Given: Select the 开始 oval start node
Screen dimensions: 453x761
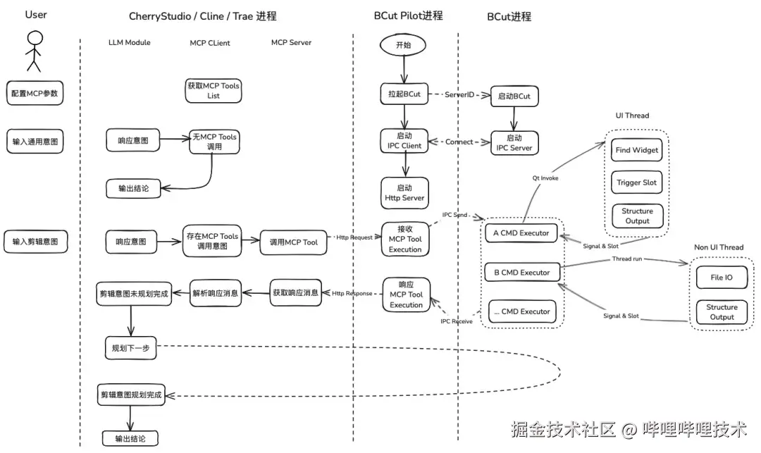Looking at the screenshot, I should coord(404,44).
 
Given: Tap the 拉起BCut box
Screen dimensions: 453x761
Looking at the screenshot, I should coord(404,94).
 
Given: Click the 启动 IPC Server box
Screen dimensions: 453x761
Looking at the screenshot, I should coord(514,143).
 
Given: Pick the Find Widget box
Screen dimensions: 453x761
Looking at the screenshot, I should coord(637,150).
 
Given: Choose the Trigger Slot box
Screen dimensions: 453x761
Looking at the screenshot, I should coord(637,182).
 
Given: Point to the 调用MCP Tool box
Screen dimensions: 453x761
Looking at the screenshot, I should coord(293,242).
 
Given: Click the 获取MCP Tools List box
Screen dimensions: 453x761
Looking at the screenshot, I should coord(214,90).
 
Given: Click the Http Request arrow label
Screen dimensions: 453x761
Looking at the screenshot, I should coord(354,237).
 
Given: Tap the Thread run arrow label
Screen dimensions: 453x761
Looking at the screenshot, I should coord(626,260).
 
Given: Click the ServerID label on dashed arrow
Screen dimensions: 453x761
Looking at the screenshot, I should coord(459,94).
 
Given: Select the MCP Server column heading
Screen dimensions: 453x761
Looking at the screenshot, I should coord(291,43).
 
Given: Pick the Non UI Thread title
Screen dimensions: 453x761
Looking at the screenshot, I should coord(719,247).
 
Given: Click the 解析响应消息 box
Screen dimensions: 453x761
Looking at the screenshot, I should coord(216,292).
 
